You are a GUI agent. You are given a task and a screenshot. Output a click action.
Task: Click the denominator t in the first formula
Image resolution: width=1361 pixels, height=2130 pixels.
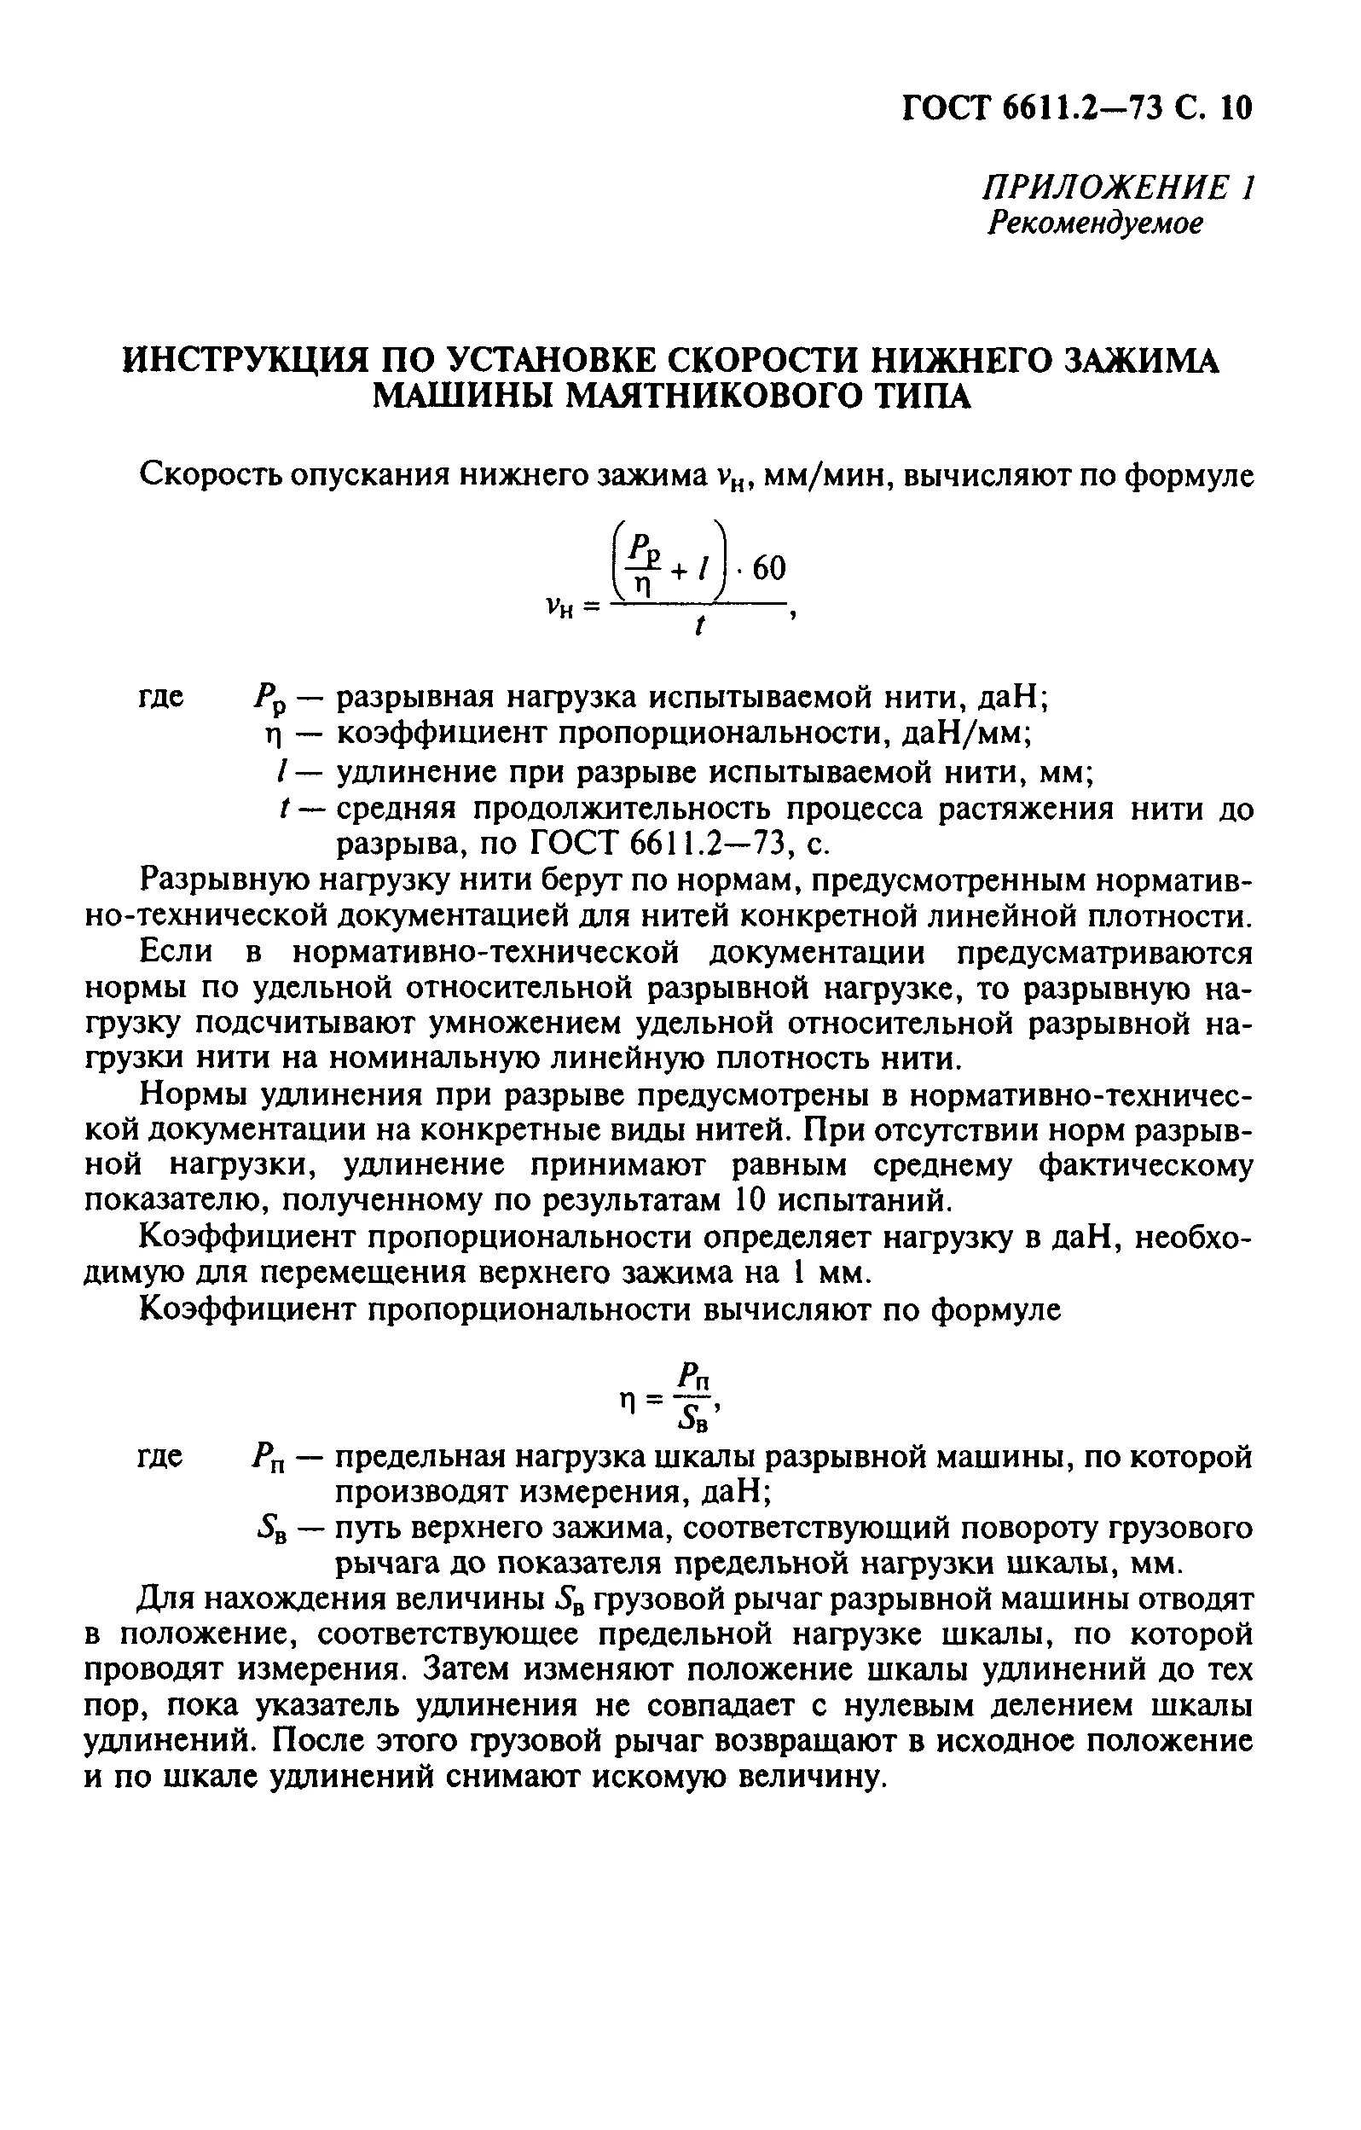click(699, 627)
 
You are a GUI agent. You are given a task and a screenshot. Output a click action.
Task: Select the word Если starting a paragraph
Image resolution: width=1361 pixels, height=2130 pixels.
click(176, 953)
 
